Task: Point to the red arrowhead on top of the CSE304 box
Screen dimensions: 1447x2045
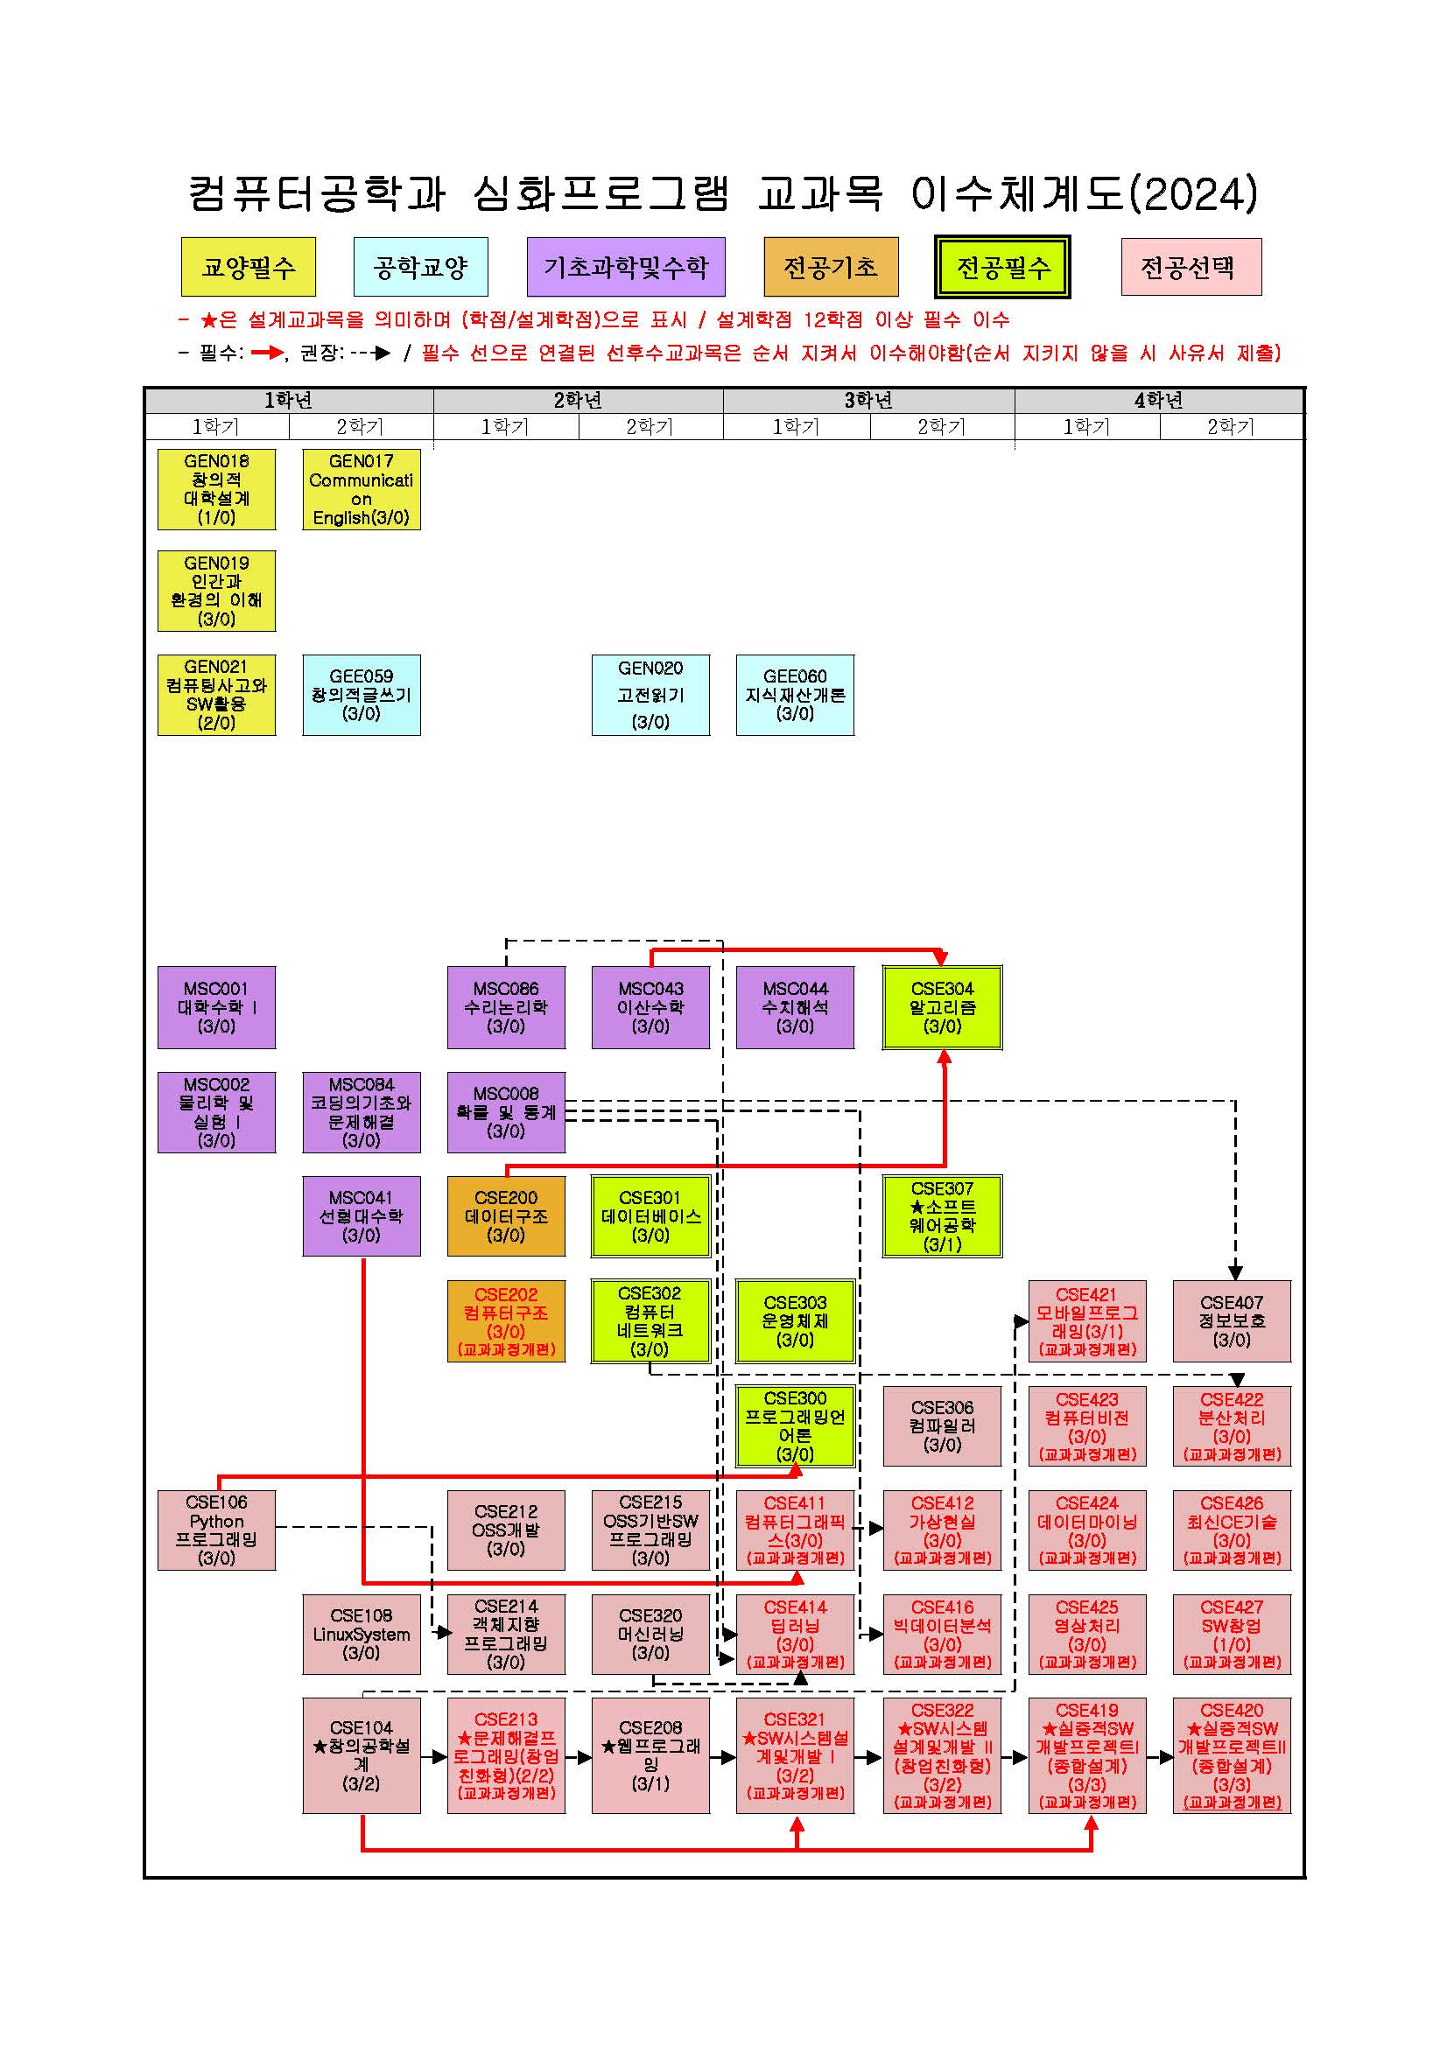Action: click(x=943, y=958)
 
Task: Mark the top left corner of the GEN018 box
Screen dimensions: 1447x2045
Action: click(x=158, y=449)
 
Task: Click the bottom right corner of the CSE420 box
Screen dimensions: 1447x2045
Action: click(x=1291, y=1813)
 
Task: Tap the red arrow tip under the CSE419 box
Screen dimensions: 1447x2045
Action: click(x=1092, y=1816)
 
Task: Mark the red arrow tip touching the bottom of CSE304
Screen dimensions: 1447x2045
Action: click(x=945, y=1050)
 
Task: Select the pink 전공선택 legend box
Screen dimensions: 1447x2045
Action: click(x=1191, y=266)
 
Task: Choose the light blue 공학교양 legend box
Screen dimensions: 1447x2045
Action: click(x=420, y=266)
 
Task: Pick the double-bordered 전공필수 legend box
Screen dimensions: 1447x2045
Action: click(x=1002, y=266)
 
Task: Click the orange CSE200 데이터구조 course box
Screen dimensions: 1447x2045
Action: click(x=506, y=1215)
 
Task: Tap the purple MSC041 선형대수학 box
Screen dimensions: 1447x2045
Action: click(x=362, y=1215)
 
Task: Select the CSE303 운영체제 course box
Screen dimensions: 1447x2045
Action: click(x=796, y=1320)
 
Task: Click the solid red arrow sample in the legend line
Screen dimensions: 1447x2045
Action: click(x=267, y=353)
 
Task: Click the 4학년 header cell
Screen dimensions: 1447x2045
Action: click(x=1159, y=401)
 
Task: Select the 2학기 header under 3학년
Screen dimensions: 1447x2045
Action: click(x=942, y=427)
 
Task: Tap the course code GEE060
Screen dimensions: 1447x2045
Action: click(x=795, y=676)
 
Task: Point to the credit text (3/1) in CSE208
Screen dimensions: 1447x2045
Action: click(x=650, y=1783)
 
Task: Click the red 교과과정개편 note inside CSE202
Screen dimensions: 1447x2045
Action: click(x=506, y=1349)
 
